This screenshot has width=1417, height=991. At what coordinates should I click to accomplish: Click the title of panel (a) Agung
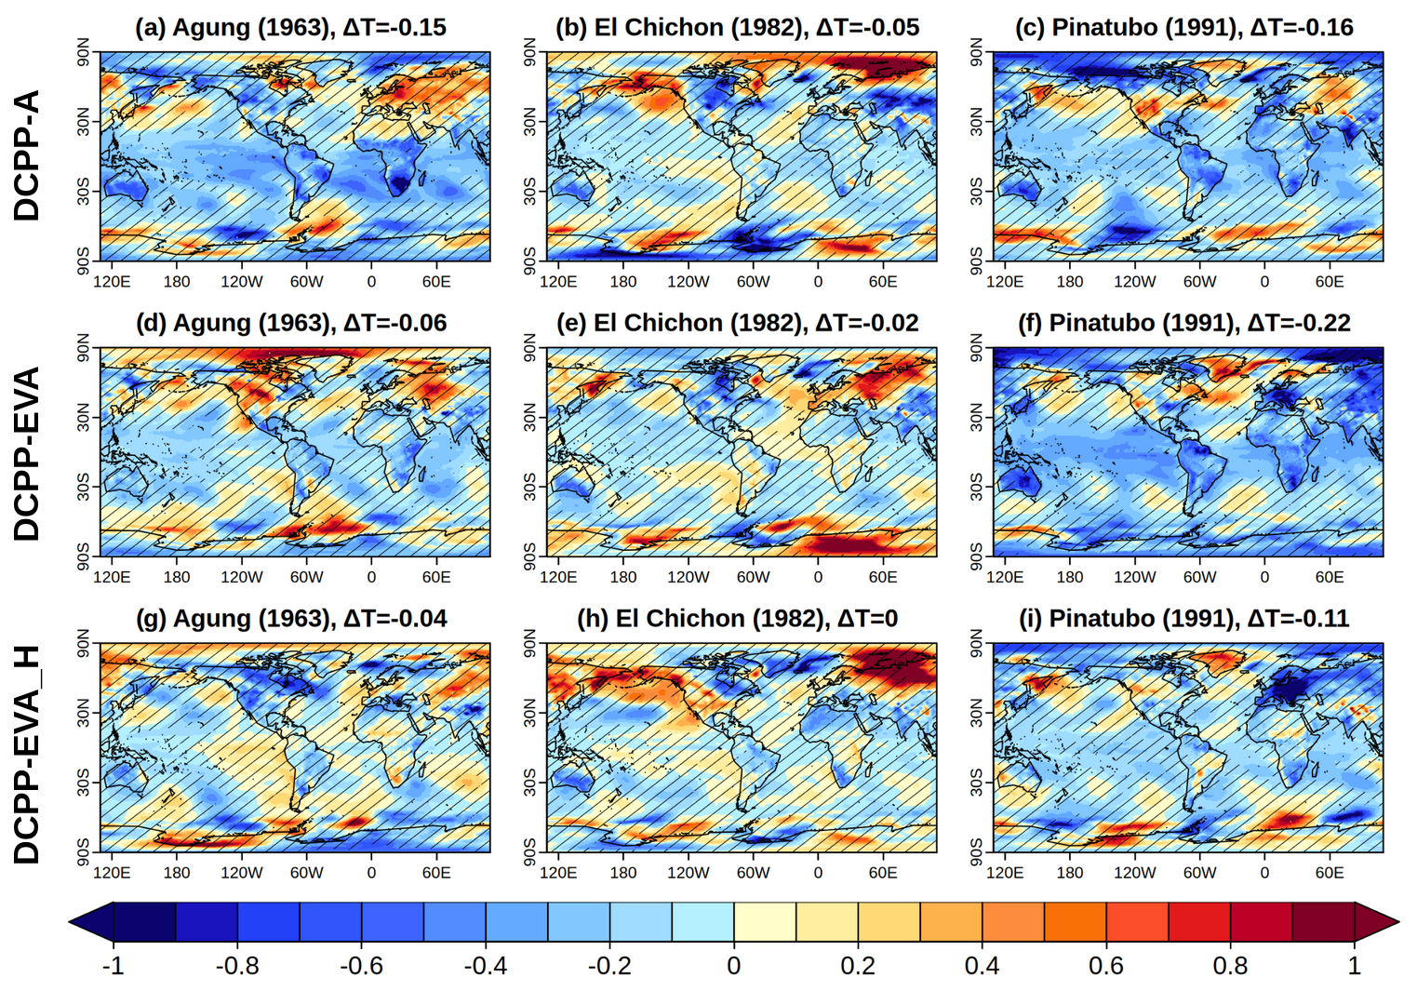(290, 27)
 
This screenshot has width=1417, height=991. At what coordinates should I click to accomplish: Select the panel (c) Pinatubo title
(1183, 27)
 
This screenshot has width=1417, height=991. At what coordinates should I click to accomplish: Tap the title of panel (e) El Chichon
(737, 323)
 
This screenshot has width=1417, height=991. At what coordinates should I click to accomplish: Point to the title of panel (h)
(737, 619)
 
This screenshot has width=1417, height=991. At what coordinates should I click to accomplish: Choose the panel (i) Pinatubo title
(1183, 619)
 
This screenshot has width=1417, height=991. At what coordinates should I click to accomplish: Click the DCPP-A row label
(27, 155)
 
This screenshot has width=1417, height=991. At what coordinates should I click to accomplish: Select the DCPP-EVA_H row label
(27, 754)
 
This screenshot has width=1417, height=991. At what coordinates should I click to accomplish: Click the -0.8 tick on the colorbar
(237, 966)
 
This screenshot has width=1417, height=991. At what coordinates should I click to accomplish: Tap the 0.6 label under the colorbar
(1106, 966)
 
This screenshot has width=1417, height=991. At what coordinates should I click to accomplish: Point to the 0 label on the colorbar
(734, 966)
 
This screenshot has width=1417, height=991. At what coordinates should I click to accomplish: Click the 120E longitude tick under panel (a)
(112, 281)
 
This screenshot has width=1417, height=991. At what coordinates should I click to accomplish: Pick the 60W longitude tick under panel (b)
(753, 281)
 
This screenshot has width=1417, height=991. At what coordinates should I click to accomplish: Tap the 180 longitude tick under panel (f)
(1070, 577)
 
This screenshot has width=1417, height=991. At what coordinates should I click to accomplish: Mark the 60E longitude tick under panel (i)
(1329, 873)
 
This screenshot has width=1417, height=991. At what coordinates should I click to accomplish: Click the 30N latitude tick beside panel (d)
(84, 416)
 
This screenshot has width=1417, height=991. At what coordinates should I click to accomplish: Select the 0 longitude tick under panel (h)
(818, 873)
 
